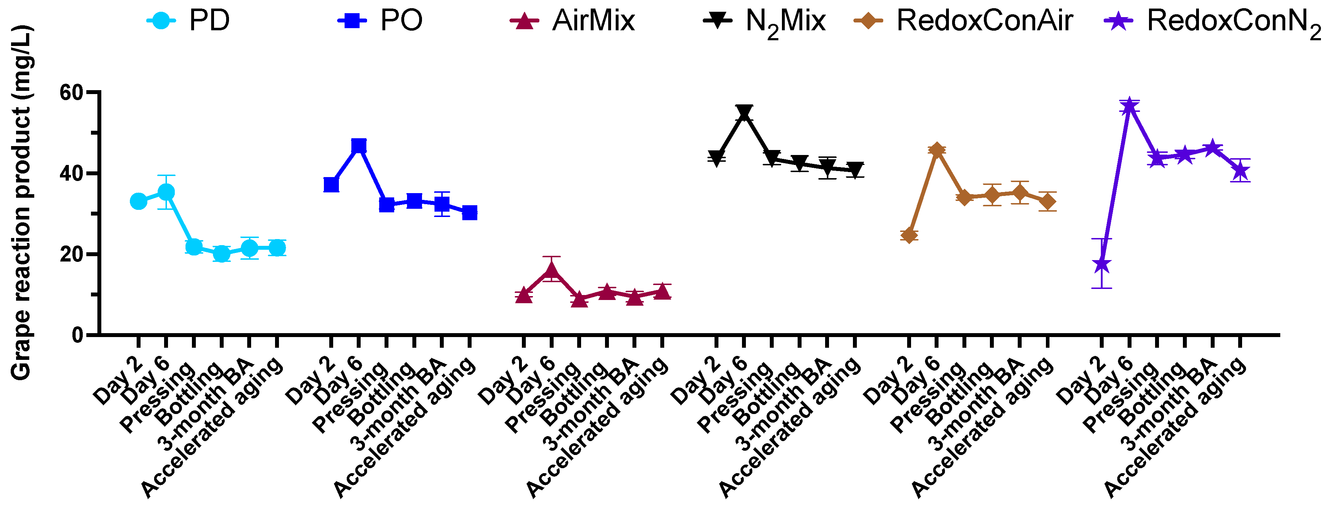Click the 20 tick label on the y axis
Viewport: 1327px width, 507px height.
(72, 255)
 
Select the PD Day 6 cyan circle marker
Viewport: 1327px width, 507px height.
(166, 192)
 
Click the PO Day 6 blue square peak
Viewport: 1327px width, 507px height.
(359, 146)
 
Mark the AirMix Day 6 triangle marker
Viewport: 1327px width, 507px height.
(551, 270)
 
